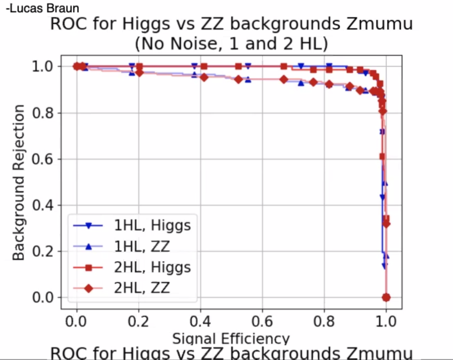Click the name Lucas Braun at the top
coord(42,8)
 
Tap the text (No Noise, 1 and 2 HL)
coord(231,44)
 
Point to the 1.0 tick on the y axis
coord(42,66)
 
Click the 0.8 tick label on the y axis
coord(42,113)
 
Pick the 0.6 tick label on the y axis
coord(42,159)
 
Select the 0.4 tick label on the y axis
coord(42,205)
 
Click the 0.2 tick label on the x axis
coord(139,321)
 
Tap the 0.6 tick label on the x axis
coord(262,321)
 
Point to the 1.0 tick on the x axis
coord(386,321)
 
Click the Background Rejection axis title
coord(18,182)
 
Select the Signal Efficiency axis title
coord(231,338)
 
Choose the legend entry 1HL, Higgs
coord(152,225)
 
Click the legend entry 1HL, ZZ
coord(142,246)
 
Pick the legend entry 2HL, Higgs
coord(152,267)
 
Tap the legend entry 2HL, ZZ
coord(142,288)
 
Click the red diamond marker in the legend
coord(88,289)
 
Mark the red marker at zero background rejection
coord(386,297)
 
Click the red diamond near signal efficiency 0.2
coord(139,72)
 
